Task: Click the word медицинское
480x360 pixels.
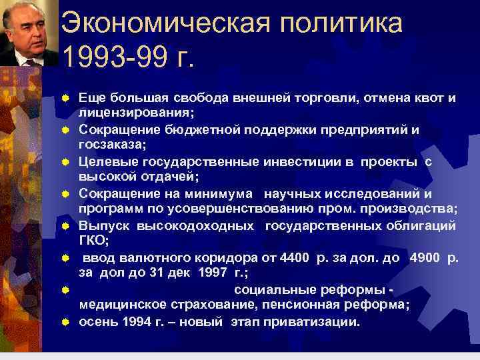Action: click(x=121, y=305)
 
